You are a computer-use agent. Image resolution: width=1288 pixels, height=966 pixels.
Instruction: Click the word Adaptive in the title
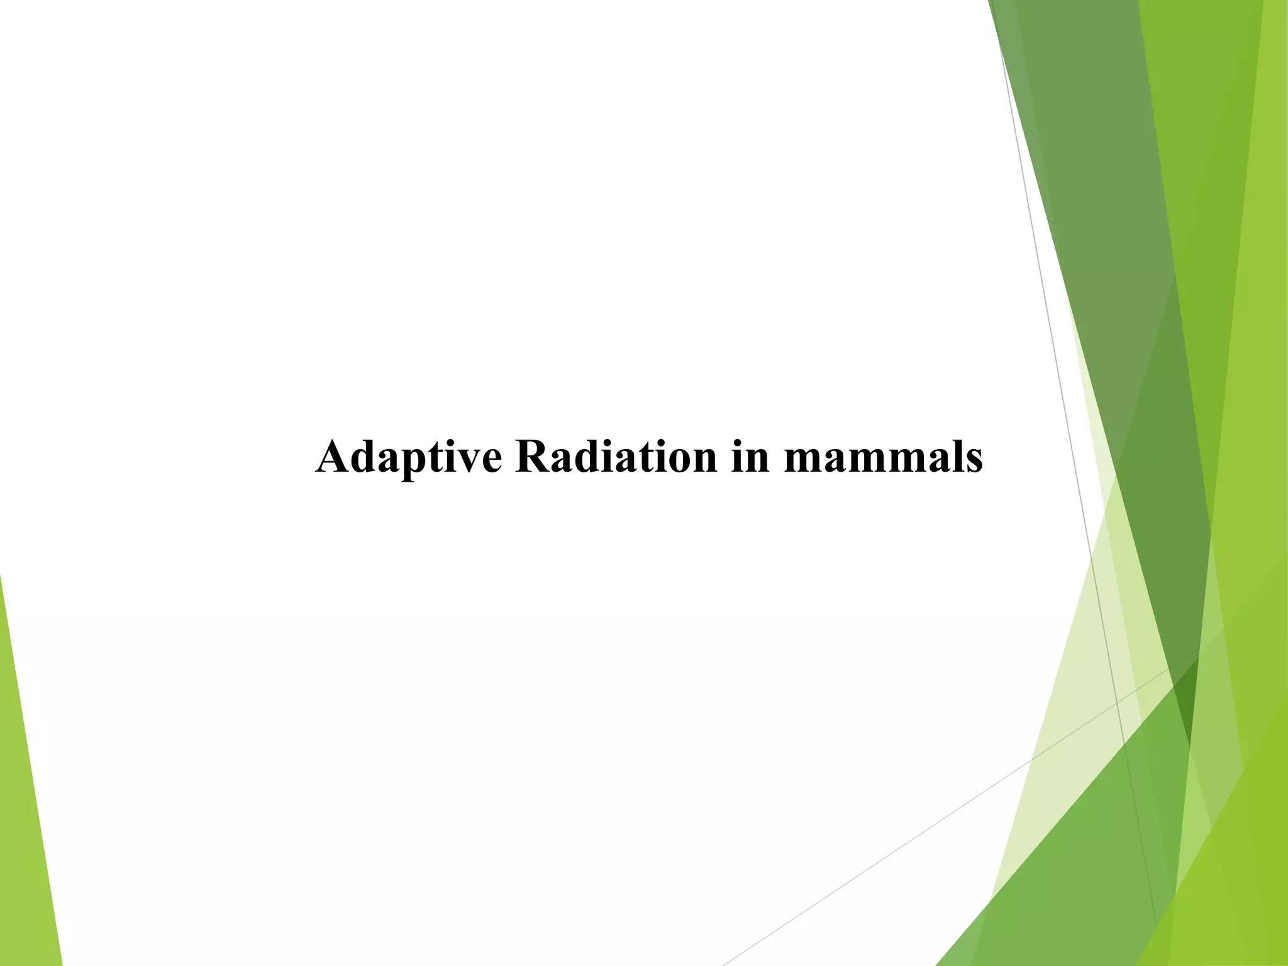point(409,458)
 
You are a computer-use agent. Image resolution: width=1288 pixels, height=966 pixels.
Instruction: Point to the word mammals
point(883,458)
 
